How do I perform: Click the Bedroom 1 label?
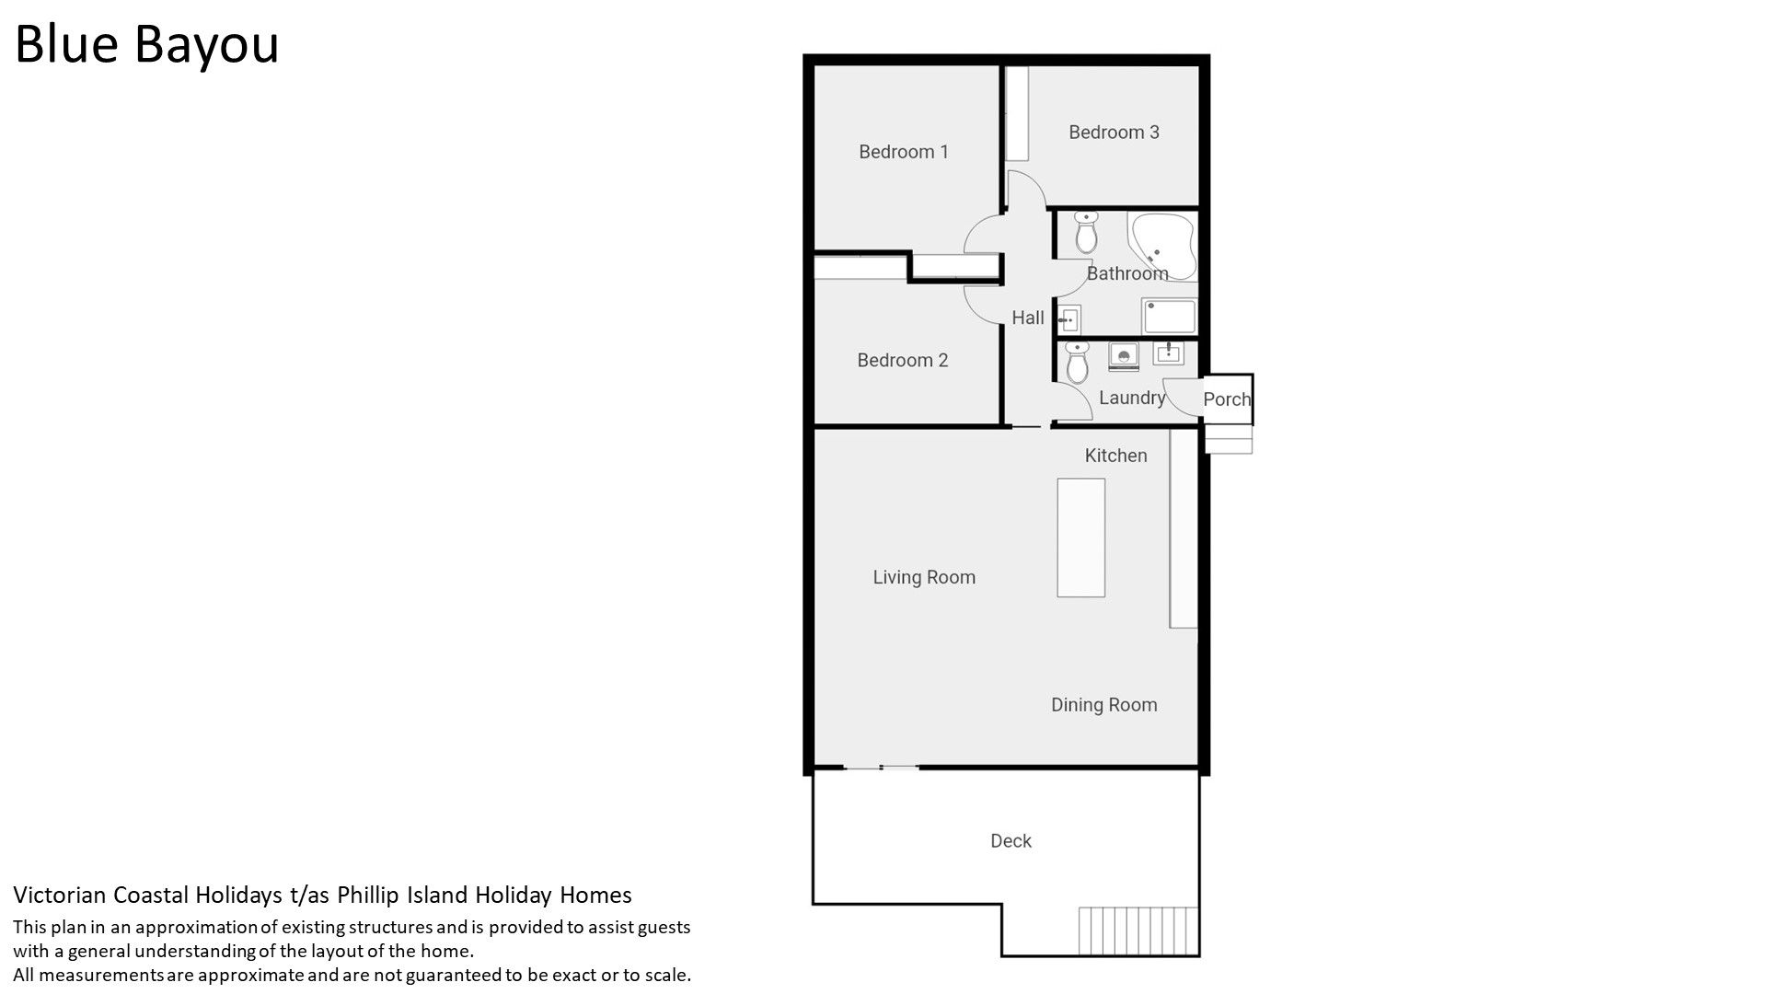click(x=903, y=152)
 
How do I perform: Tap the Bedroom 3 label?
click(x=1114, y=132)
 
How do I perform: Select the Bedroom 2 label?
click(x=902, y=360)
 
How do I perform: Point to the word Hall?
click(x=1028, y=318)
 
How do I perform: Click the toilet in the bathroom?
click(x=1087, y=233)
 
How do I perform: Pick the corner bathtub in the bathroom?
click(x=1162, y=244)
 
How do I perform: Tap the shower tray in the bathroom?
click(x=1169, y=317)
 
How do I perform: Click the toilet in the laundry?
click(x=1077, y=362)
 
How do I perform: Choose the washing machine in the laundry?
click(x=1124, y=356)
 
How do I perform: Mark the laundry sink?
click(x=1169, y=353)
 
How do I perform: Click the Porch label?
click(x=1227, y=399)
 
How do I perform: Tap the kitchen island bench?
click(x=1081, y=537)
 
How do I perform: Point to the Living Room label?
click(x=924, y=577)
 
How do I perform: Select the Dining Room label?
click(x=1104, y=705)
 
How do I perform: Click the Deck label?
click(x=1011, y=840)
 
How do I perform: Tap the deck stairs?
click(x=1139, y=931)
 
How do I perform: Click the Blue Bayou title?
click(x=147, y=44)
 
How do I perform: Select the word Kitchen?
click(x=1115, y=456)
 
